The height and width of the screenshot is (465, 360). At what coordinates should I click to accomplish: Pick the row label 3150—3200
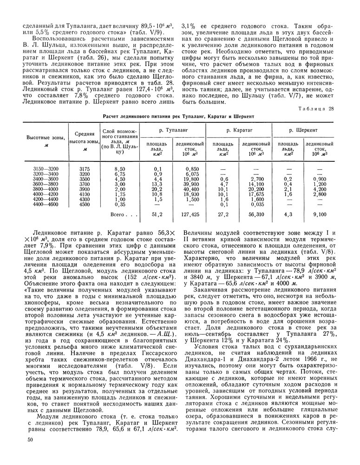(x=46, y=168)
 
